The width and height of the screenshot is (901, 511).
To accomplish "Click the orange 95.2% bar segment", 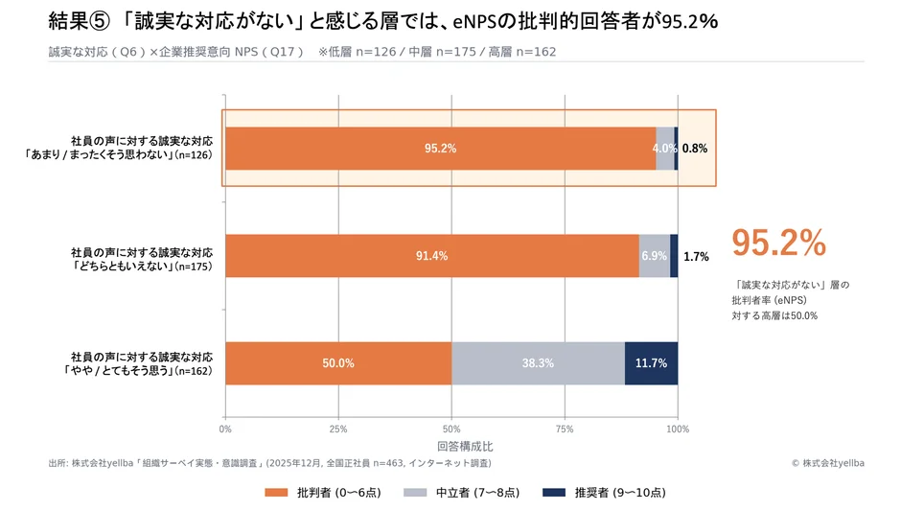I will pos(440,149).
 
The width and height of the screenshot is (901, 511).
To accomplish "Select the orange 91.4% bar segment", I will pos(431,256).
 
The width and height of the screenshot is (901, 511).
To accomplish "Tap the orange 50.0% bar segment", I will pos(338,363).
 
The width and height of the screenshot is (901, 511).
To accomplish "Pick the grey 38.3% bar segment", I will pos(538,363).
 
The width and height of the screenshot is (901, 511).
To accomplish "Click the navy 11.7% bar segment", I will pos(651,363).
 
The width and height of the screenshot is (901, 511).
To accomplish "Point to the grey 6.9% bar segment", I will pos(654,256).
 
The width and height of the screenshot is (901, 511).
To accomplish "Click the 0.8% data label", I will pos(695,149).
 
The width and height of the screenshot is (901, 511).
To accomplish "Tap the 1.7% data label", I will pos(696,257).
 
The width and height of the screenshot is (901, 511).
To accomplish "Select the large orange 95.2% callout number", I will pos(778,244).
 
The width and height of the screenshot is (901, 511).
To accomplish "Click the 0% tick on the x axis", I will pos(225,430).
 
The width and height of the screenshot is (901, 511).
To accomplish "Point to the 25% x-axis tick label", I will pos(338,430).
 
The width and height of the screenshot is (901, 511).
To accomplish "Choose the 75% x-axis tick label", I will pos(565,430).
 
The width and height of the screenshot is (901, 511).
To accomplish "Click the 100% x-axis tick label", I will pos(677,430).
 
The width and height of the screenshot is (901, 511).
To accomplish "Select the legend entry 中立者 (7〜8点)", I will pos(461,492).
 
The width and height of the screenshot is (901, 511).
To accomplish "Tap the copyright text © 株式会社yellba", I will pos(827,463).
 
